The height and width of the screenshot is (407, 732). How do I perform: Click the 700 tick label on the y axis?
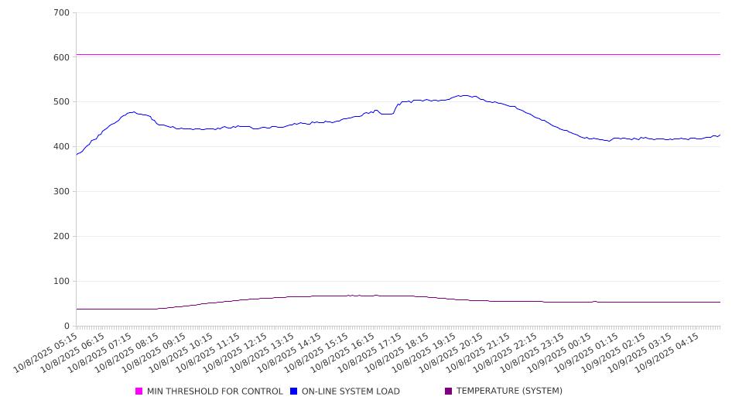62,13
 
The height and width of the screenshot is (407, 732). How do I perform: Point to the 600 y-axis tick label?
62,57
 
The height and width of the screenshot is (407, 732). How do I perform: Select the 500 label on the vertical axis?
62,102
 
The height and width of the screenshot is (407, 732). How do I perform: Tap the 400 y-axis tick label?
62,147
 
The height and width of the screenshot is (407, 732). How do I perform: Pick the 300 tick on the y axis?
62,192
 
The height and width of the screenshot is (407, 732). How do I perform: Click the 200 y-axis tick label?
62,237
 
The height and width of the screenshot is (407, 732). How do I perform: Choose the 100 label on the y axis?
62,282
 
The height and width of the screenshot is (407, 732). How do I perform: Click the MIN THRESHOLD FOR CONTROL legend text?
214,392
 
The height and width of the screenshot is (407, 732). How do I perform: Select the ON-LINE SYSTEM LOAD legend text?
351,392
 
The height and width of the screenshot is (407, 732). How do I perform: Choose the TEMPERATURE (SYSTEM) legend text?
509,392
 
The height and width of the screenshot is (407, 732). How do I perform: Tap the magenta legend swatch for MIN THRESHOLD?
139,392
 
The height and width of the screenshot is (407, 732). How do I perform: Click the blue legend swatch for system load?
294,392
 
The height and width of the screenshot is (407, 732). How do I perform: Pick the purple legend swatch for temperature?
448,392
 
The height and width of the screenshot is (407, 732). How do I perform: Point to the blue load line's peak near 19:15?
463,95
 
